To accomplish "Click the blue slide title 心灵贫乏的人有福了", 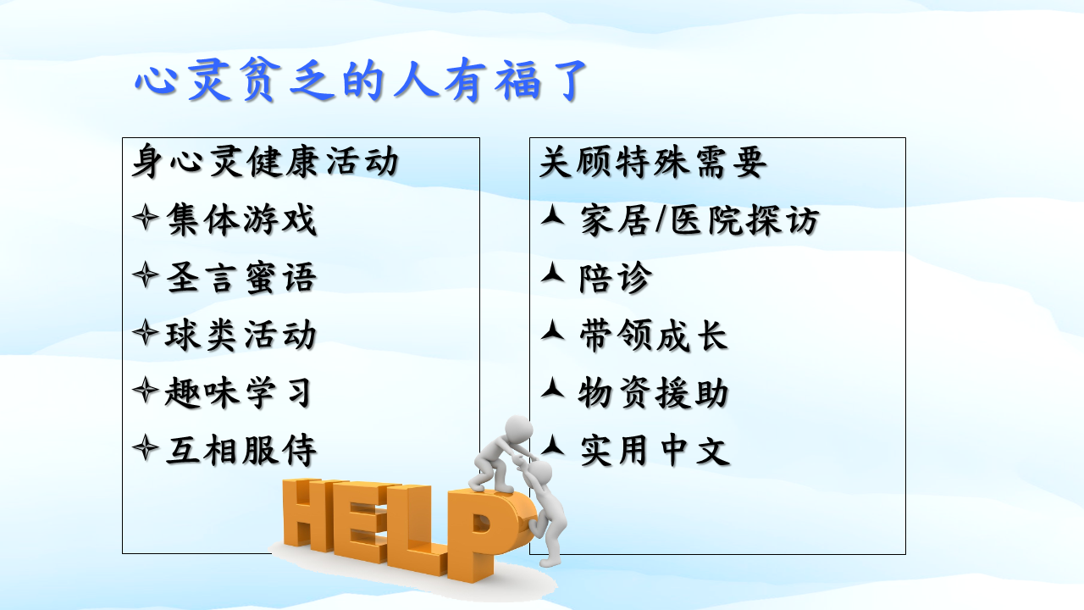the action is click(361, 80).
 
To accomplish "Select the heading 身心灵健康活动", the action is click(265, 161).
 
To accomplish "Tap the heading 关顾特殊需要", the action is click(653, 161).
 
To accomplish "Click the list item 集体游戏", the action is click(241, 219).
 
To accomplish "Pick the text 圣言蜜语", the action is click(241, 277).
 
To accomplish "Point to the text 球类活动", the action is click(241, 335).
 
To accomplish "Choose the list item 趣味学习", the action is click(238, 392).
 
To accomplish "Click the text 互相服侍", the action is click(241, 450).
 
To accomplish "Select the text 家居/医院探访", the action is click(700, 220).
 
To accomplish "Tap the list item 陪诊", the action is click(616, 278).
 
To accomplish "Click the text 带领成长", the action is click(653, 335).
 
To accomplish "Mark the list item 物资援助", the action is click(653, 392).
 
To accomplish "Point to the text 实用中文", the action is click(655, 450).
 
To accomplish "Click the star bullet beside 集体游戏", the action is click(145, 218).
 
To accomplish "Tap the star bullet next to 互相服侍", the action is click(145, 448).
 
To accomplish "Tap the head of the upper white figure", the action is click(519, 429).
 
